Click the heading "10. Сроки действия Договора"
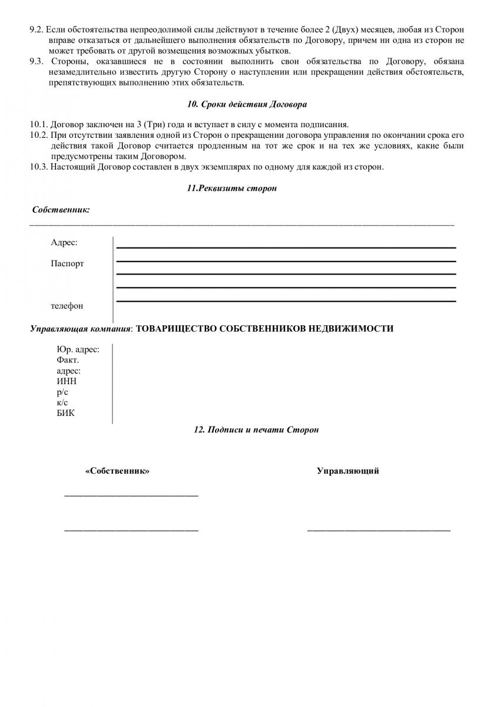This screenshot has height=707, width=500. [247, 104]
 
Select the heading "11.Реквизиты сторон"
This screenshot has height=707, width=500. [231, 189]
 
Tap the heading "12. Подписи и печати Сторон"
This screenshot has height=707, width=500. [256, 430]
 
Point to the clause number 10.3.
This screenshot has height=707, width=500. [39, 167]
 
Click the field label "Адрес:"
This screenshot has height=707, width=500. [64, 242]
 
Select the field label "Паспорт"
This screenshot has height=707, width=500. [67, 263]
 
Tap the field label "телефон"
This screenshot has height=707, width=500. [67, 306]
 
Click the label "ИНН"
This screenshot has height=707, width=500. [67, 381]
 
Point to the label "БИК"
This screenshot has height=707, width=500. [66, 413]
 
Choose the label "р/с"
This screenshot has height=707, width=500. [62, 392]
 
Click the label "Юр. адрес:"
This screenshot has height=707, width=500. [78, 349]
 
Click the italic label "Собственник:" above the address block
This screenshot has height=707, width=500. [61, 210]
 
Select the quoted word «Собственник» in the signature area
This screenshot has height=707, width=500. [117, 471]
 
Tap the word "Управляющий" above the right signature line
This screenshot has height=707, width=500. [347, 471]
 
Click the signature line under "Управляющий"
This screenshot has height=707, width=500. [379, 531]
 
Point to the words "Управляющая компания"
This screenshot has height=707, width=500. [81, 328]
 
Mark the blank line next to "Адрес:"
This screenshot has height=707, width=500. [286, 247]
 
